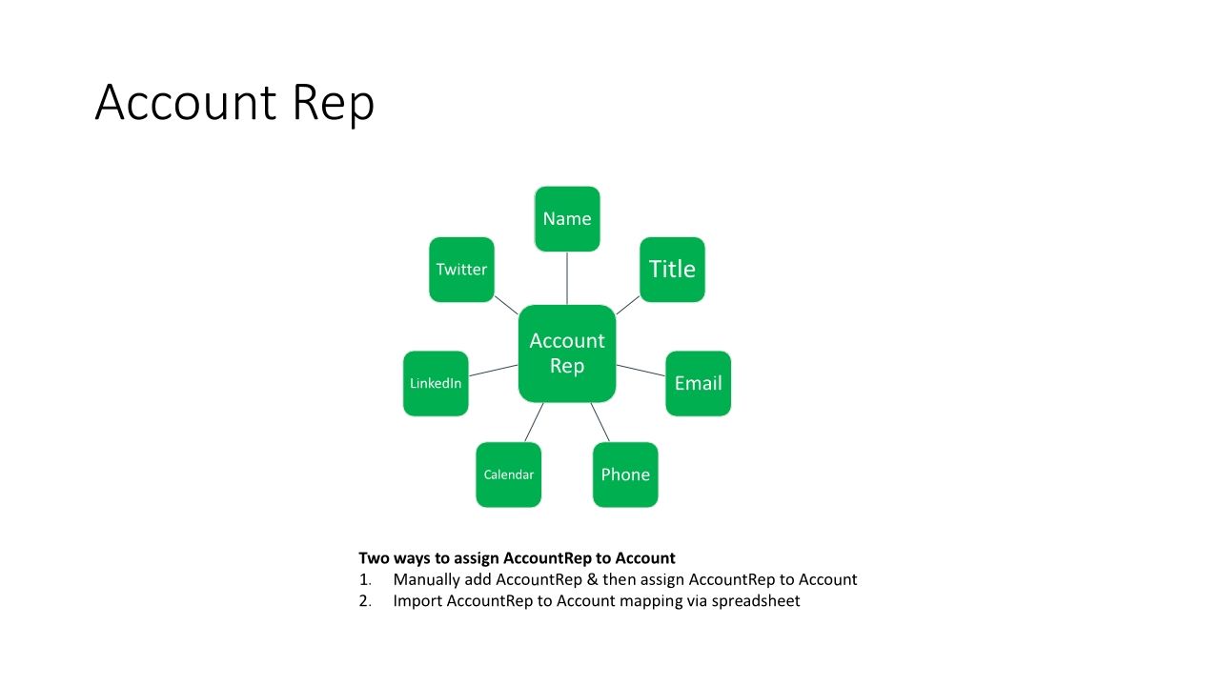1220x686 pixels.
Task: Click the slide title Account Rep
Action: [234, 103]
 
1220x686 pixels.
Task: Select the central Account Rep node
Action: [567, 353]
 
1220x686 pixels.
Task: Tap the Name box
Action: [567, 219]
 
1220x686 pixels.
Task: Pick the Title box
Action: [672, 270]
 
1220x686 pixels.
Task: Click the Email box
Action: [698, 383]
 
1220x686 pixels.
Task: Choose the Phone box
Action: [625, 474]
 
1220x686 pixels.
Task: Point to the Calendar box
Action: [509, 474]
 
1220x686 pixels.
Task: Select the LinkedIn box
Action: [436, 383]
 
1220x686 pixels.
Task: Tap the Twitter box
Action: [461, 270]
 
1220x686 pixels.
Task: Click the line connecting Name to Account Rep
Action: [567, 278]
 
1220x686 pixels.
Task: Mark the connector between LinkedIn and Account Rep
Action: [494, 370]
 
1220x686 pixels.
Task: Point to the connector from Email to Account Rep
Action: [640, 371]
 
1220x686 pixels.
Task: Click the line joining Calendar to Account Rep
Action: [534, 422]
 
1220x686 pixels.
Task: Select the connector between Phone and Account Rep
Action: [600, 422]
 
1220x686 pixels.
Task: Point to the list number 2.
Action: [364, 601]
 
